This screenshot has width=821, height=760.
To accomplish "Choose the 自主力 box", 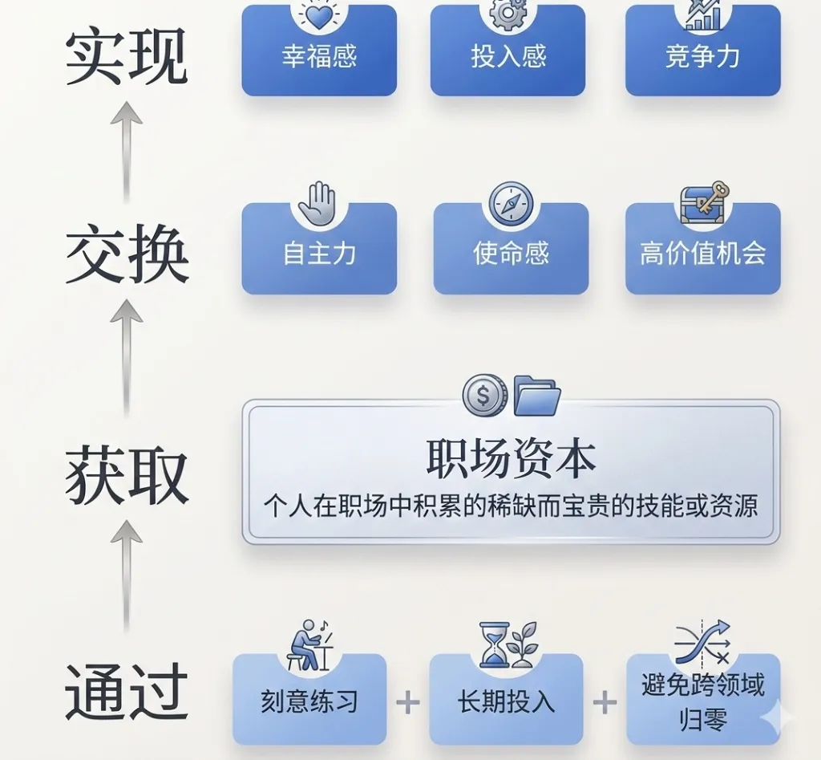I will tap(319, 252).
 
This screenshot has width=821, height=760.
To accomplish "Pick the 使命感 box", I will tap(511, 252).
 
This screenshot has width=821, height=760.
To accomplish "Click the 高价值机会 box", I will tap(702, 252).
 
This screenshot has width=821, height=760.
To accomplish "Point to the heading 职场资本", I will tap(511, 458).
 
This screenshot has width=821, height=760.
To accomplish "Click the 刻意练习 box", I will tap(309, 701).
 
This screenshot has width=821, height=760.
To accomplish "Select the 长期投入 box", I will tap(506, 701).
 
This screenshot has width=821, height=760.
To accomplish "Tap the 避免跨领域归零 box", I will tap(702, 700).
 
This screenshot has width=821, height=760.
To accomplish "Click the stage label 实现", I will tap(126, 59).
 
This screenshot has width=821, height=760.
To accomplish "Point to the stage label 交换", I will tap(126, 255).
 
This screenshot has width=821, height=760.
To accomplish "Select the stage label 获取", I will tap(126, 476).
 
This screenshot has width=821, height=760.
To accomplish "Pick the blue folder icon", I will tap(536, 395).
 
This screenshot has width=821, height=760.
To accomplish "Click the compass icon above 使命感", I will tap(511, 204).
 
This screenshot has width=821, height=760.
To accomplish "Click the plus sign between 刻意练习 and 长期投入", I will tap(408, 703).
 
